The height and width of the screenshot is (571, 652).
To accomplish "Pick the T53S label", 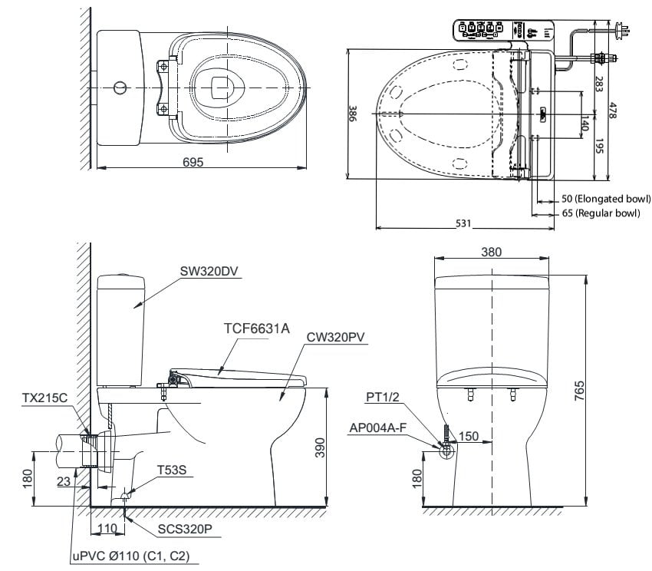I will tap(171, 470).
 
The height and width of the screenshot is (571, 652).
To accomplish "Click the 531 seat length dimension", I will tap(463, 223).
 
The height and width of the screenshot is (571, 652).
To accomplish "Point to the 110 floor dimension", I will tap(108, 529).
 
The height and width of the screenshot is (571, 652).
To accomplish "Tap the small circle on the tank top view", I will tap(119, 87).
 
